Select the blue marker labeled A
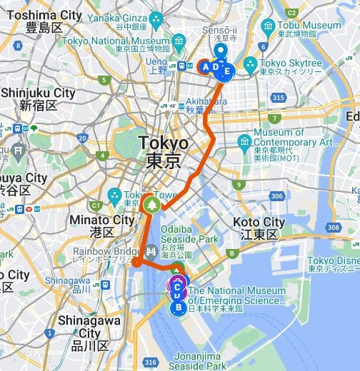point(206,68)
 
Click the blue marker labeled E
point(227,71)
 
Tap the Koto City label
point(259,228)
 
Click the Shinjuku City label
point(38,98)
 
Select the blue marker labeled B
point(178,308)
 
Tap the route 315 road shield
point(279,97)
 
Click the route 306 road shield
point(276,196)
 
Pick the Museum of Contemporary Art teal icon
point(244,140)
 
